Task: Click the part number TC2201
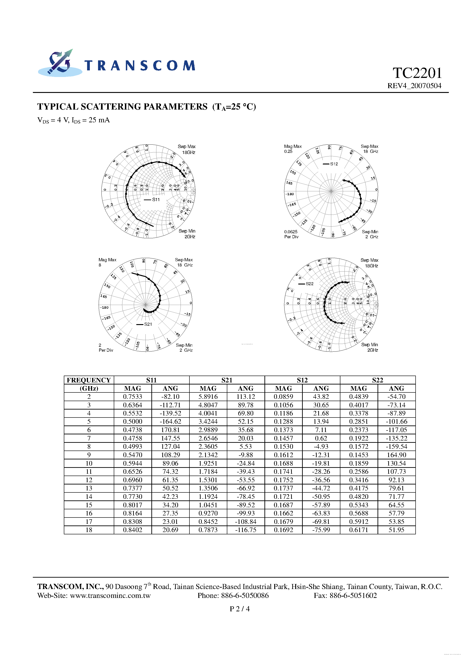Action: point(417,73)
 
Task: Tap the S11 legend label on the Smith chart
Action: point(156,200)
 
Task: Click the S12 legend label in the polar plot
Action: point(334,164)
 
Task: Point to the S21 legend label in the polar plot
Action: point(148,324)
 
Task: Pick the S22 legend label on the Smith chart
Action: point(310,284)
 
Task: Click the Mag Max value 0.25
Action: point(288,151)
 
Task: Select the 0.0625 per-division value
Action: point(291,232)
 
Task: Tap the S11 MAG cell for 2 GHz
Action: point(133,397)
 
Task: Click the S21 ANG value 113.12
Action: point(246,397)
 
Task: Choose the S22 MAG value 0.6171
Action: point(359,530)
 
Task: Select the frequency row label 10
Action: point(89,464)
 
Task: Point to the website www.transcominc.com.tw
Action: point(110,596)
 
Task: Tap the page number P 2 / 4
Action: point(240,609)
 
